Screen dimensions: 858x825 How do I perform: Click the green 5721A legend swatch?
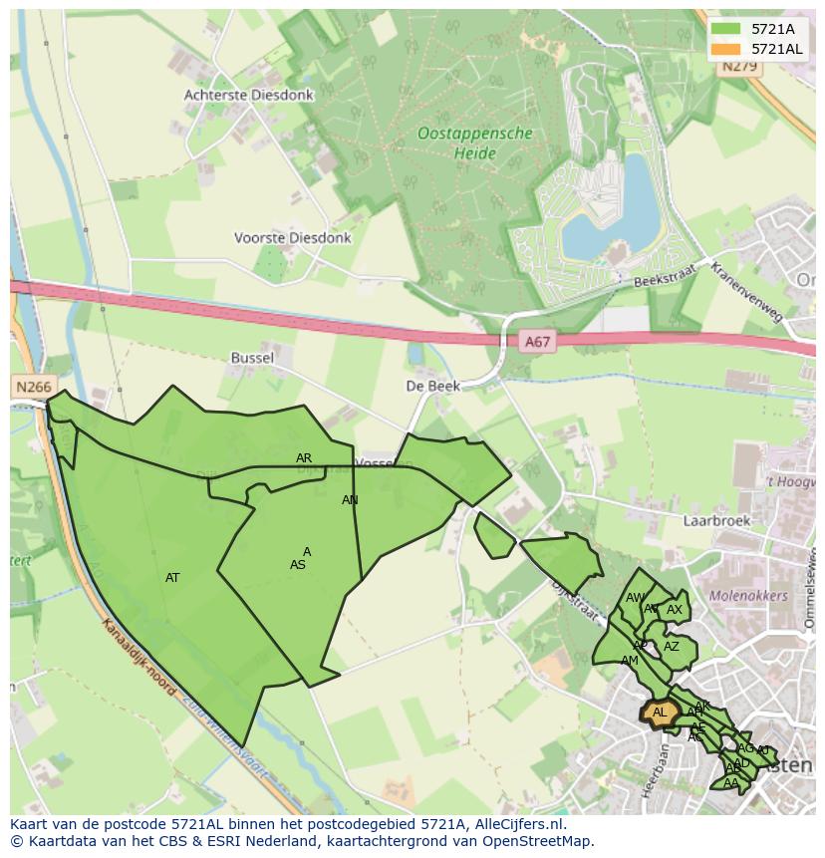[726, 29]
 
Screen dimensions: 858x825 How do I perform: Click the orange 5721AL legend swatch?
[726, 49]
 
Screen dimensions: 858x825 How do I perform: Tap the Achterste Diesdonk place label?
[248, 95]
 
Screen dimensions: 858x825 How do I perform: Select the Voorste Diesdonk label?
[292, 238]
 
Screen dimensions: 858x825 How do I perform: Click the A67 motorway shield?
[537, 342]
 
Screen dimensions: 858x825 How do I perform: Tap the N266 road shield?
[33, 386]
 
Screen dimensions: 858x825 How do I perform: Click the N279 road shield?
[739, 67]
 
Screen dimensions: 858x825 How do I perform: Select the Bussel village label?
[251, 357]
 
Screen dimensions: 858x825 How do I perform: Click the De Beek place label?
[431, 385]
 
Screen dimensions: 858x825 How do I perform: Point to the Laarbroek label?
[715, 520]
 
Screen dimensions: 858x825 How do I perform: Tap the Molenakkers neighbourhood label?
[748, 596]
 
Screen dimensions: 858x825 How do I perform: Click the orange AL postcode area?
[658, 713]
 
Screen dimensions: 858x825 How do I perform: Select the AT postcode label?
[172, 578]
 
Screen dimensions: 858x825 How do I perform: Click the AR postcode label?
[304, 458]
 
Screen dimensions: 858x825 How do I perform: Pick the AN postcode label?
[350, 500]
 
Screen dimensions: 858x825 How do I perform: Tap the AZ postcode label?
[672, 647]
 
